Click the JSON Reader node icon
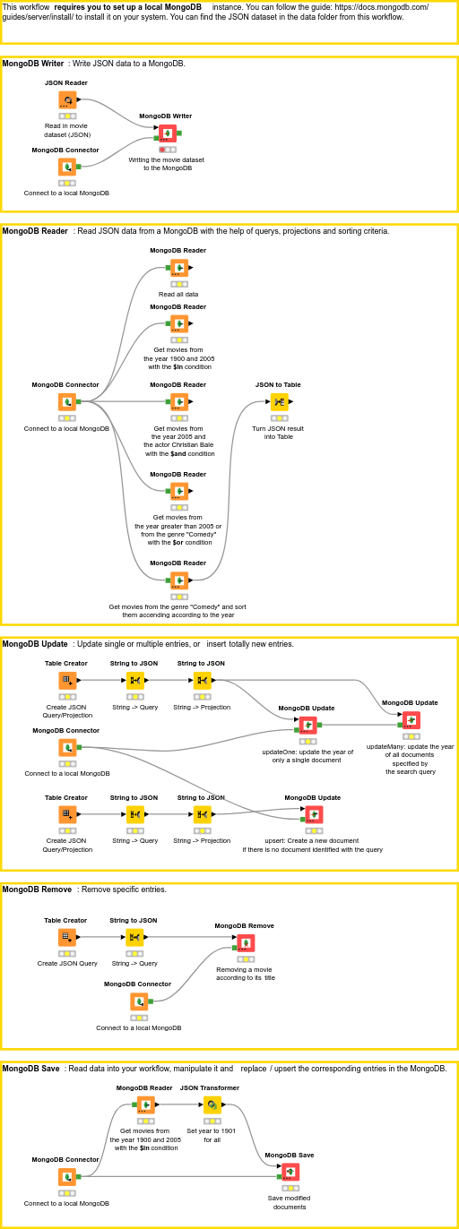point(67,100)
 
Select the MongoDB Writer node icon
point(168,133)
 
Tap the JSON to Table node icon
point(280,402)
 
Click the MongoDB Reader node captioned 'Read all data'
point(179,268)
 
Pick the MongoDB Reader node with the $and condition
point(179,402)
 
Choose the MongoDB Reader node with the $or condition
point(179,491)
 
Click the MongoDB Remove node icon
point(245,943)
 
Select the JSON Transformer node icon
point(212,1105)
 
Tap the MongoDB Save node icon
point(290,1173)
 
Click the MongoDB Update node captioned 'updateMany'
point(411,720)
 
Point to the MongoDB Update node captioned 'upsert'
point(313,814)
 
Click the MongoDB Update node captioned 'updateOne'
point(307,726)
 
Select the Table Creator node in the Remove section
point(67,937)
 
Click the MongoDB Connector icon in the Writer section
point(67,167)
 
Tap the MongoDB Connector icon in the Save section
point(67,1177)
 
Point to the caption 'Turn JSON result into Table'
point(278,433)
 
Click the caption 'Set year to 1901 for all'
point(212,1135)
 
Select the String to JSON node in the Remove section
point(134,937)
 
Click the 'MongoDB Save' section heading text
point(31,1069)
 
